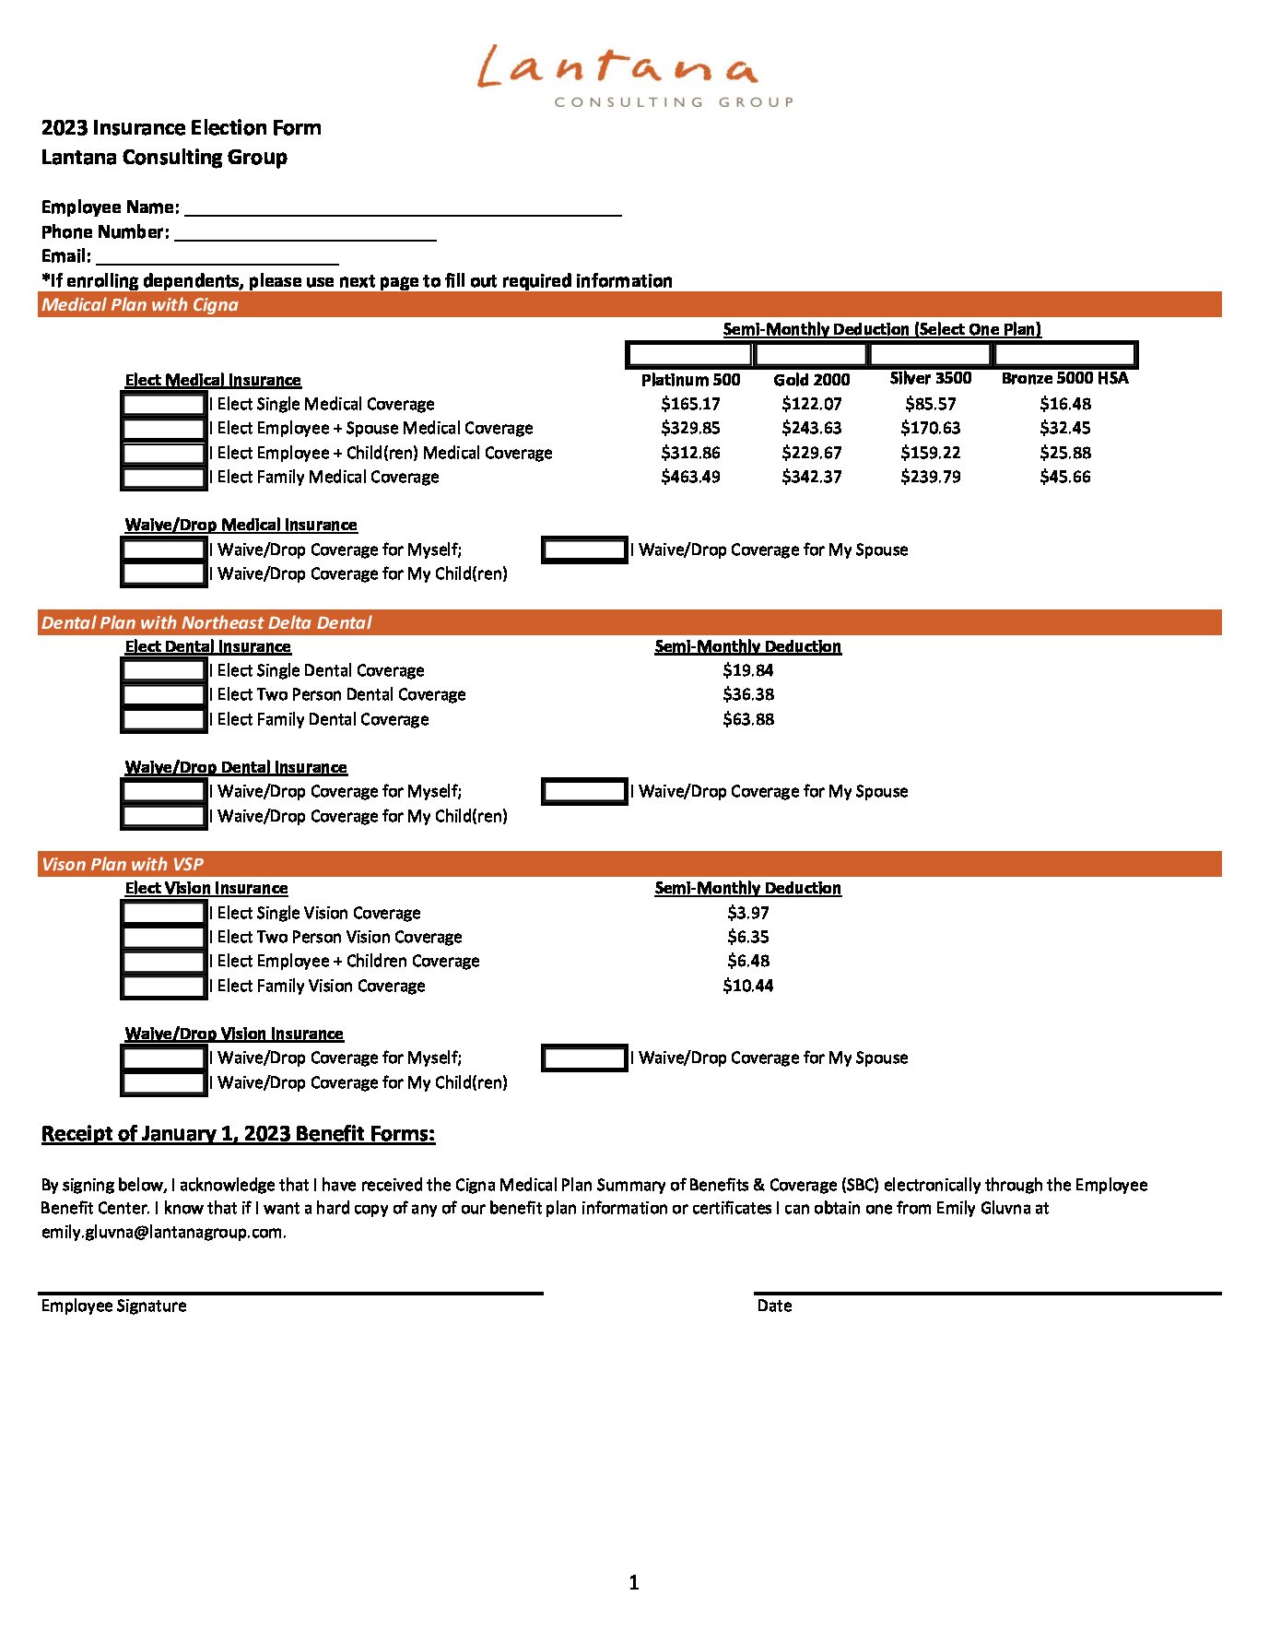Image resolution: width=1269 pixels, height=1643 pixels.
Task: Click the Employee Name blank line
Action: [x=402, y=207]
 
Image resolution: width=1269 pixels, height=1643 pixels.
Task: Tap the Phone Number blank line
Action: [x=305, y=232]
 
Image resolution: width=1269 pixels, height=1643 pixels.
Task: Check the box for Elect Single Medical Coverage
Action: [x=164, y=404]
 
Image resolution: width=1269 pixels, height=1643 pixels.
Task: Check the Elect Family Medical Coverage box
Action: [x=164, y=478]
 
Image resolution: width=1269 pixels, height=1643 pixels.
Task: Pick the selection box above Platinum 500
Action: [x=689, y=354]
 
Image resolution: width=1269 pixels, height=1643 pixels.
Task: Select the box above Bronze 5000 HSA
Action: [x=1064, y=354]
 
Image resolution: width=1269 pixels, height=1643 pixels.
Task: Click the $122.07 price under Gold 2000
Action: [x=811, y=404]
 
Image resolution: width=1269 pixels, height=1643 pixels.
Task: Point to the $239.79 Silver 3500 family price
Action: [x=930, y=477]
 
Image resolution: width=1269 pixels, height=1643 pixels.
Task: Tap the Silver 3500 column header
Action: [x=930, y=378]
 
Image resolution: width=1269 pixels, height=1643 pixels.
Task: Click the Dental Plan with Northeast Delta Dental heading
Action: [x=206, y=623]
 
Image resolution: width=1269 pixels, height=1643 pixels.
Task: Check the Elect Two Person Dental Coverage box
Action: [x=164, y=695]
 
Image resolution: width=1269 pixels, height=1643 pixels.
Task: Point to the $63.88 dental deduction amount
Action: [x=747, y=719]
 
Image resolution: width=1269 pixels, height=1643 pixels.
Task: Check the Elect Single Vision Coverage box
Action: [x=164, y=913]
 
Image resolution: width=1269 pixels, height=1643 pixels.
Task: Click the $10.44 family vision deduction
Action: [x=747, y=986]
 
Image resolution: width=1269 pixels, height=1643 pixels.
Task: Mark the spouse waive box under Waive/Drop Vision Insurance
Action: [x=584, y=1058]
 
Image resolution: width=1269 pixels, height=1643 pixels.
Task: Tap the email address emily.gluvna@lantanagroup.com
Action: [x=163, y=1232]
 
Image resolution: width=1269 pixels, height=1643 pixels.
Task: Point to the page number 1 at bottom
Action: [x=633, y=1583]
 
